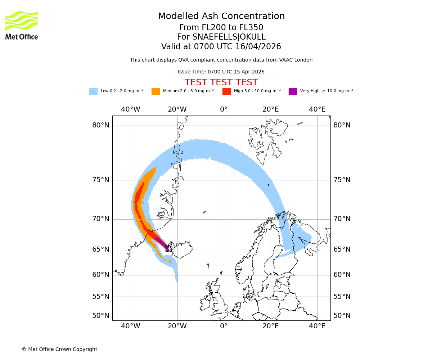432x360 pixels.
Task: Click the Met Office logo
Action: [22, 25]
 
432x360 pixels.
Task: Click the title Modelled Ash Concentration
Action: [221, 17]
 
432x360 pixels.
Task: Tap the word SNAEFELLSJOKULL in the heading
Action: [229, 37]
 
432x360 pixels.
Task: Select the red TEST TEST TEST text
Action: [221, 82]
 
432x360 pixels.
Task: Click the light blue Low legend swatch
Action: [93, 91]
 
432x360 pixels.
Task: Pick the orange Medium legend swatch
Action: [156, 91]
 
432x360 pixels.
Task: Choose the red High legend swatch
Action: [226, 91]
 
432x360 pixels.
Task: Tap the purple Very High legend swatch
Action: [293, 91]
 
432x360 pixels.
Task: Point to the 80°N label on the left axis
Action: [100, 125]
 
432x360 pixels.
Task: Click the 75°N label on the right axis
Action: [342, 180]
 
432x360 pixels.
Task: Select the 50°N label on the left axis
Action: [100, 316]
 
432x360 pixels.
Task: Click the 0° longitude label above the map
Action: [224, 109]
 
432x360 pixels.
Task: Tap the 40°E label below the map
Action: [317, 326]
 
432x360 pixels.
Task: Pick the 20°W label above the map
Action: [177, 109]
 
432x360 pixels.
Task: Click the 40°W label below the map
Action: [130, 326]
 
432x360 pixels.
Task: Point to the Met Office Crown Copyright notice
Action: [59, 350]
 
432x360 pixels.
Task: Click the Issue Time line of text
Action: [221, 72]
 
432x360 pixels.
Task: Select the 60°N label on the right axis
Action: [342, 275]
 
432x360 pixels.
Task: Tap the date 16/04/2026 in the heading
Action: [258, 47]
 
